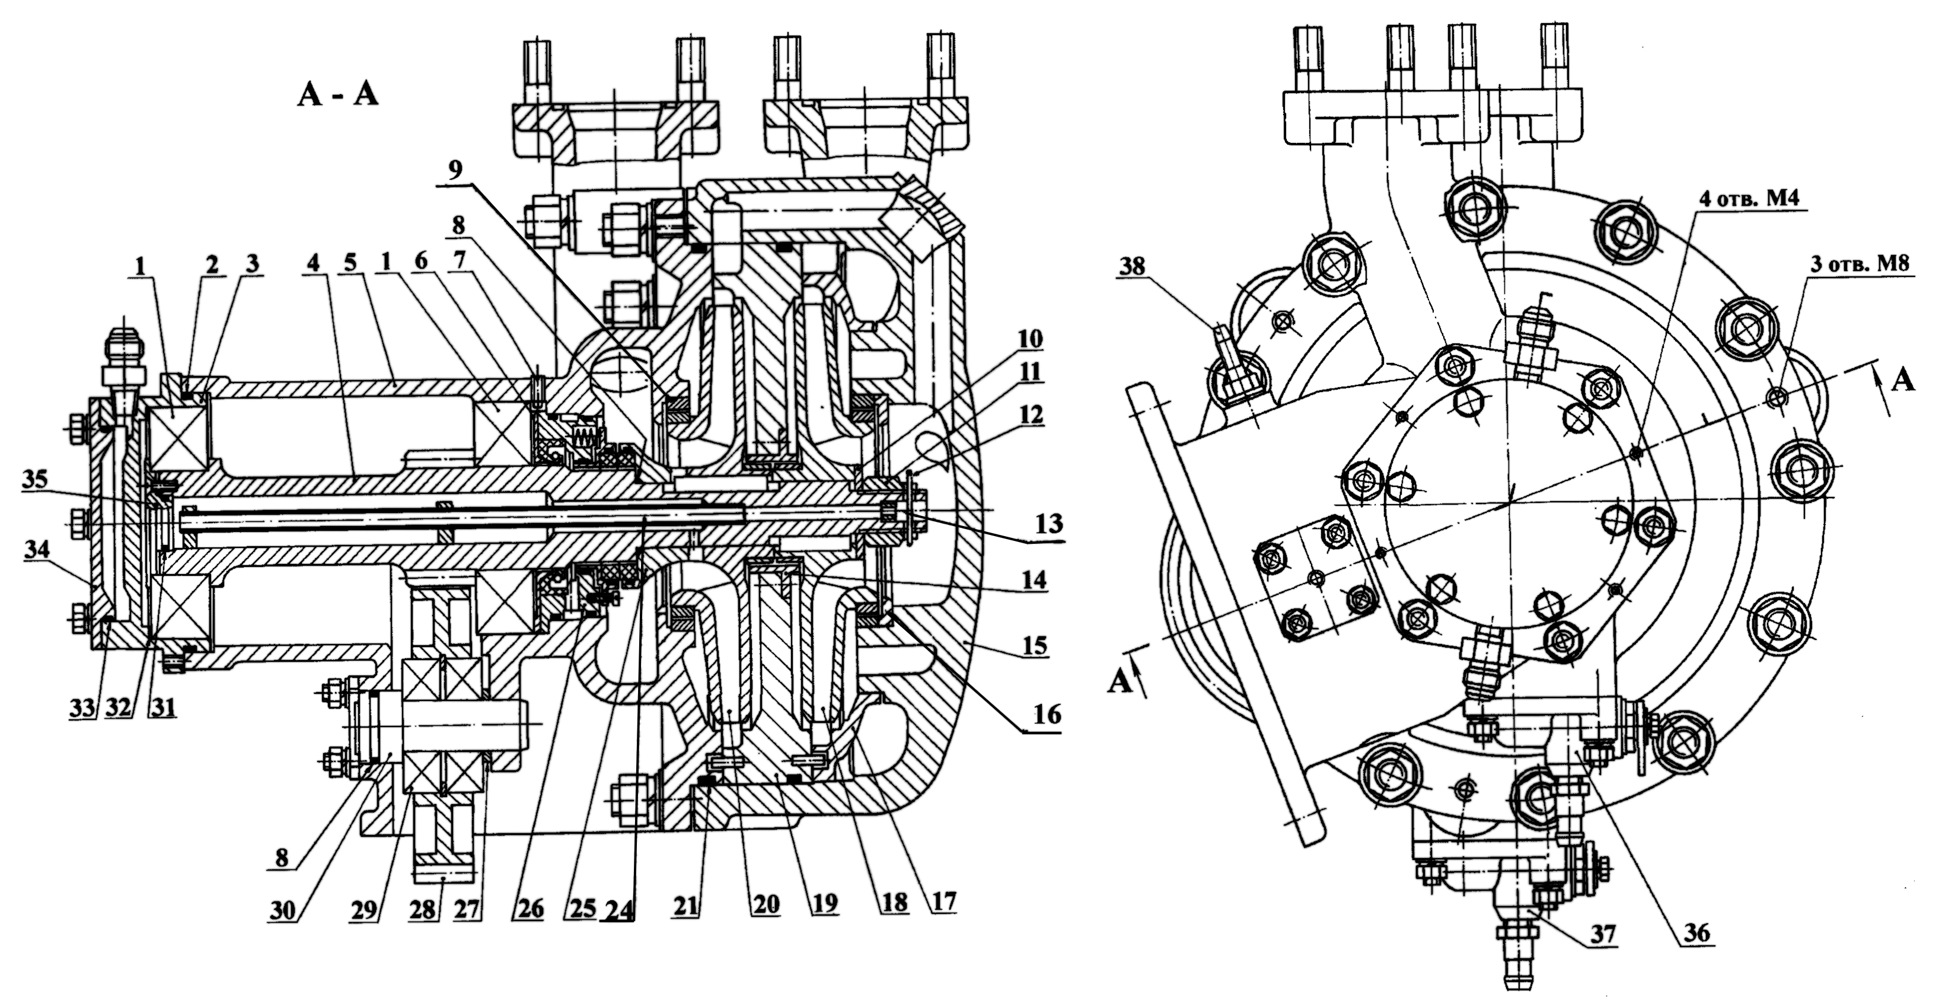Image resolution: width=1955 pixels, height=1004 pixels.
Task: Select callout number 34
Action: click(x=38, y=549)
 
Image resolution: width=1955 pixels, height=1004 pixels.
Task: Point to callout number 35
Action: click(x=36, y=480)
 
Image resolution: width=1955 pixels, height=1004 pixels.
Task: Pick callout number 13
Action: click(x=1047, y=524)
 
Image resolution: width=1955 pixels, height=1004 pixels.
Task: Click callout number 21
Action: click(x=687, y=904)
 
